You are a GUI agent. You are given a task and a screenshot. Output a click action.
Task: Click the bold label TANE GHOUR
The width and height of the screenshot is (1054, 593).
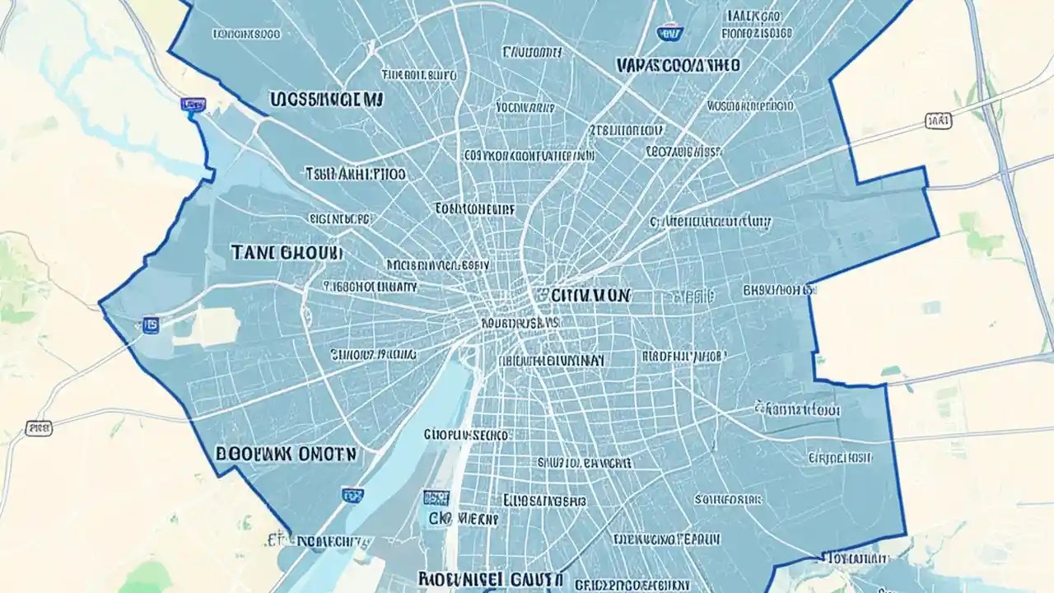[x=287, y=253]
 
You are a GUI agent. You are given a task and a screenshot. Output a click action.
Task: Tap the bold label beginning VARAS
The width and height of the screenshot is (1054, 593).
[x=677, y=64]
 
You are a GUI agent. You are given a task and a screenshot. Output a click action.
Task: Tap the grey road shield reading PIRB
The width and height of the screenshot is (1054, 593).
[x=37, y=427]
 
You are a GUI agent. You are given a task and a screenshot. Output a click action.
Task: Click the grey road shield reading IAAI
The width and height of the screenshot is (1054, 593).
[x=938, y=121]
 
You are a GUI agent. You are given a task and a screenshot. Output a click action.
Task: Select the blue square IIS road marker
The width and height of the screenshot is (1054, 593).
[x=151, y=325]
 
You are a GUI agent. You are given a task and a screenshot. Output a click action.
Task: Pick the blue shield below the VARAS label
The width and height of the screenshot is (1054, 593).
[x=669, y=33]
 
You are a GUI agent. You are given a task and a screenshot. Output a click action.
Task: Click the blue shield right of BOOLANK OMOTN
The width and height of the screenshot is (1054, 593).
[x=352, y=495]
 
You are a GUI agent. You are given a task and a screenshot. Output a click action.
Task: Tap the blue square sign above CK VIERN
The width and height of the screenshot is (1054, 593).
[x=436, y=497]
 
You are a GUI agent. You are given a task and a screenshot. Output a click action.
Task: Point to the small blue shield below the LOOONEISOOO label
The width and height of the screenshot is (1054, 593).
[x=193, y=105]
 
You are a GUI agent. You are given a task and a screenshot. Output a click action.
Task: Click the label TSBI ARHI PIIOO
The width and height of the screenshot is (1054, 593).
[x=355, y=174]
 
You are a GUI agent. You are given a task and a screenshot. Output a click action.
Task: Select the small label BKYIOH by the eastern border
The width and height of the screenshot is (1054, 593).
[x=777, y=290]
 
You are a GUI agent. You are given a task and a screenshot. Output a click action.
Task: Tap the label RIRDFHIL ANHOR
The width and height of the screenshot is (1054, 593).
[x=683, y=356]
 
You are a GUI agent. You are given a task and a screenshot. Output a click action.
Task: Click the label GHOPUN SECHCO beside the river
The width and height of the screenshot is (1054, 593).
[x=467, y=434]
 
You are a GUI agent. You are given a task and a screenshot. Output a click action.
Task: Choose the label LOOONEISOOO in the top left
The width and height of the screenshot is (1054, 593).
[x=246, y=35]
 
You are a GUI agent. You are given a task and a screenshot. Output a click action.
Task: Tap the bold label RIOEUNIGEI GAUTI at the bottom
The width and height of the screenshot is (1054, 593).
[x=491, y=578]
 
